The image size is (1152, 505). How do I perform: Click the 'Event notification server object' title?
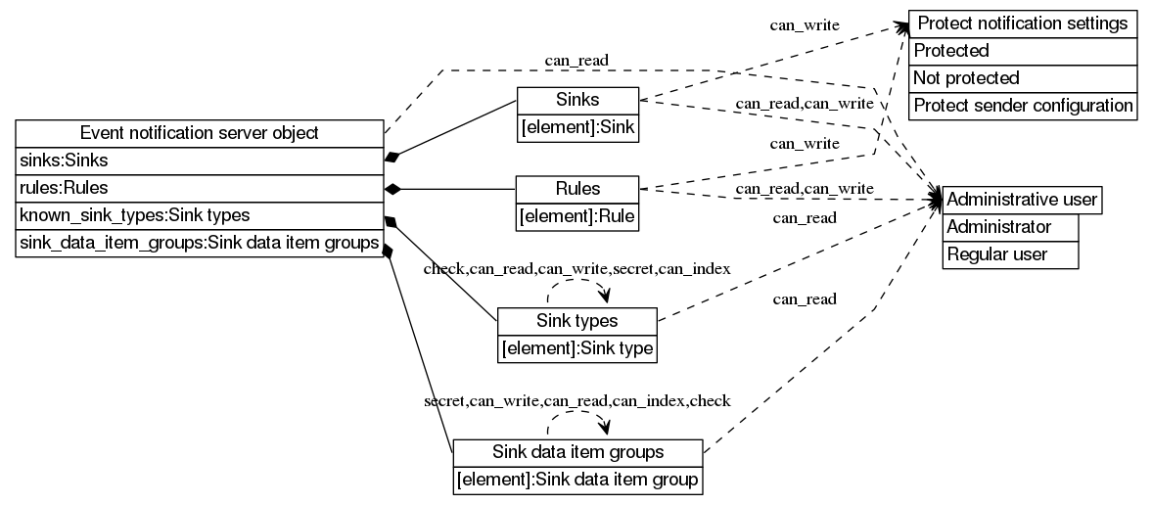[x=199, y=133]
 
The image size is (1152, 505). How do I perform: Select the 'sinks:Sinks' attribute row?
[x=199, y=161]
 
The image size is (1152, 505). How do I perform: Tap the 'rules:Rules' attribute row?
[x=199, y=188]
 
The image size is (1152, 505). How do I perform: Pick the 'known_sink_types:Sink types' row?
[x=199, y=215]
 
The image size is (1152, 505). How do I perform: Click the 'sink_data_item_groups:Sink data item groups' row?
[x=199, y=243]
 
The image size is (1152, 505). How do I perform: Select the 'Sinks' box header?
[x=577, y=100]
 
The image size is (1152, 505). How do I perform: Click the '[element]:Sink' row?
[x=577, y=126]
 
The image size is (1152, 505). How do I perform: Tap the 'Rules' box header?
[x=577, y=189]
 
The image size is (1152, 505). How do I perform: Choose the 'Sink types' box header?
[x=577, y=321]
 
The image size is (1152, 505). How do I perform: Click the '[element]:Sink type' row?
[x=577, y=347]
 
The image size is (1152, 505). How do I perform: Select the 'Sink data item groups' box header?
[x=577, y=452]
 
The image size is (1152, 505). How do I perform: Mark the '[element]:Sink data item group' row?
[x=577, y=480]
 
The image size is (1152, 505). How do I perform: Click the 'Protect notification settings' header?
[x=1023, y=23]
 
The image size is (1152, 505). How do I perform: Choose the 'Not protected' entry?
[x=1023, y=78]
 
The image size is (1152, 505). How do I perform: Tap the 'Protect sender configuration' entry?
[x=1023, y=106]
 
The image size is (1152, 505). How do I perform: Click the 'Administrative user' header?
[x=1023, y=200]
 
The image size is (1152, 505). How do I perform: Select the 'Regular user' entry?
[x=1010, y=254]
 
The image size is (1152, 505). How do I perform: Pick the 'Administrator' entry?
[x=1010, y=227]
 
